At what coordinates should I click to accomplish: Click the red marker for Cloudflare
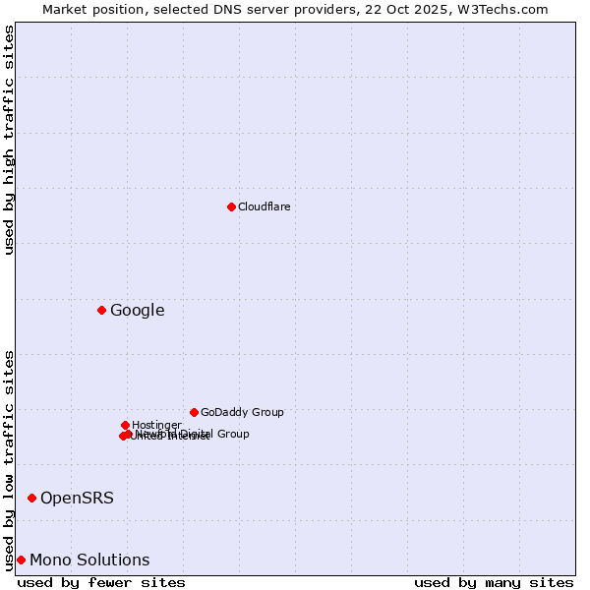pos(231,206)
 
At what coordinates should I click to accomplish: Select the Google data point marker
pos(101,311)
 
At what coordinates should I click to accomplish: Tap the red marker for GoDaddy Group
pos(194,412)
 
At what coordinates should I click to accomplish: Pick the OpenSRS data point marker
pos(31,499)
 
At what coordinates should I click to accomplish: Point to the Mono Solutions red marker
pos(21,560)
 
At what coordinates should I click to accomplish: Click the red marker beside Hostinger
pos(125,425)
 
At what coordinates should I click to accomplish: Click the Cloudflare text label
pos(264,206)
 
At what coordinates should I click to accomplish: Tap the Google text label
pos(138,311)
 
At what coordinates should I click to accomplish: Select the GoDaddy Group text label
pos(242,412)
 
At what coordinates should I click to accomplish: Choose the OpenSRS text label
pos(77,499)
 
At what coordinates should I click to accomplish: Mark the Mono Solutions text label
pos(89,560)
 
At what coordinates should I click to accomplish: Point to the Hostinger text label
pos(156,425)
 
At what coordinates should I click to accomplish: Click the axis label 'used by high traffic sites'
pos(9,140)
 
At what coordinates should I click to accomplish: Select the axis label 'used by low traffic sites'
pos(9,459)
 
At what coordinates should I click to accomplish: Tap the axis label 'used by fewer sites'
pos(101,582)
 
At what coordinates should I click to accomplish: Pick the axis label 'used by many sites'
pos(494,582)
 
